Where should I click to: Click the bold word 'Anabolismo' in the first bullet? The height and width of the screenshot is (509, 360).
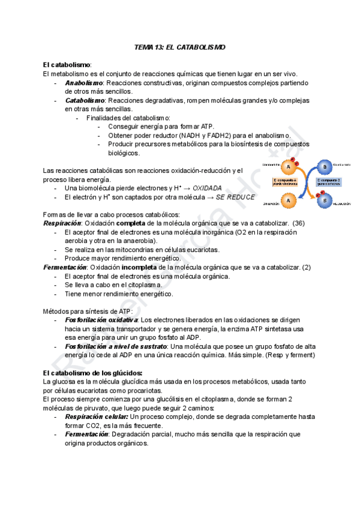[x=84, y=82]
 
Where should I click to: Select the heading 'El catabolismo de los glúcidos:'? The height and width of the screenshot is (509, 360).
[x=92, y=373]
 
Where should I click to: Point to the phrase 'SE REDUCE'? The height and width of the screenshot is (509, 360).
[x=235, y=197]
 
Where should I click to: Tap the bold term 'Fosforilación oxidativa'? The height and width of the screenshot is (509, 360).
[x=101, y=320]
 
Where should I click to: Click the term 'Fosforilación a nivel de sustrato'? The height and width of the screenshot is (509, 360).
[x=116, y=346]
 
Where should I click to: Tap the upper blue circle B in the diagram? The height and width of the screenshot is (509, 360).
[x=325, y=166]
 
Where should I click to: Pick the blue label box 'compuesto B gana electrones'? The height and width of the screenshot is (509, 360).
[x=328, y=182]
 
